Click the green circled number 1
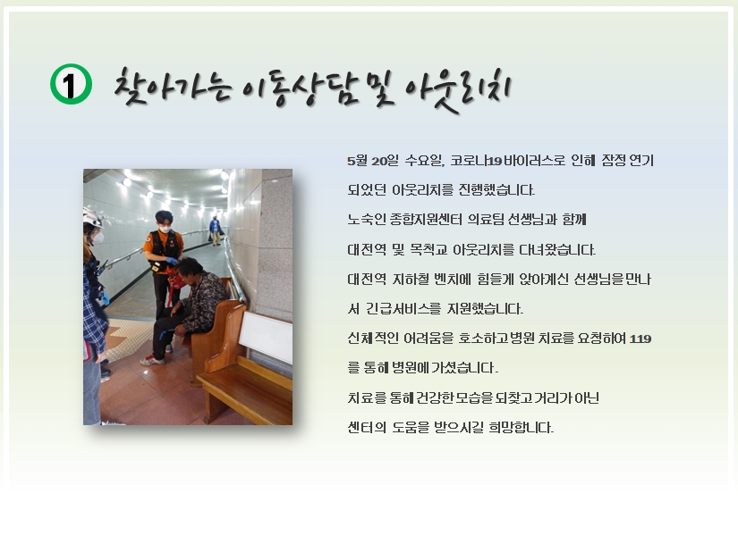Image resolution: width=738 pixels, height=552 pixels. (71, 84)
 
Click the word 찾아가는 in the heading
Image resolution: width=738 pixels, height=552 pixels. (173, 86)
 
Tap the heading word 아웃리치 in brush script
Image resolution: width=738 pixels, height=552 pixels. (452, 90)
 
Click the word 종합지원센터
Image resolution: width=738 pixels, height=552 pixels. (426, 220)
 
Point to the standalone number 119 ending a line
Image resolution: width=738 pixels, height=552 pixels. (640, 339)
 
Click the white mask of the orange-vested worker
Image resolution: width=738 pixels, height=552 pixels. (165, 230)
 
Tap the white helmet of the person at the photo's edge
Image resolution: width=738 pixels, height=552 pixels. (92, 219)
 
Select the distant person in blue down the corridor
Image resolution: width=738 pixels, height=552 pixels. (216, 230)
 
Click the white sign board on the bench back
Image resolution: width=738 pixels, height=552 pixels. (266, 336)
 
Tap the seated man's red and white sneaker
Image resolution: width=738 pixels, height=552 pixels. (152, 360)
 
